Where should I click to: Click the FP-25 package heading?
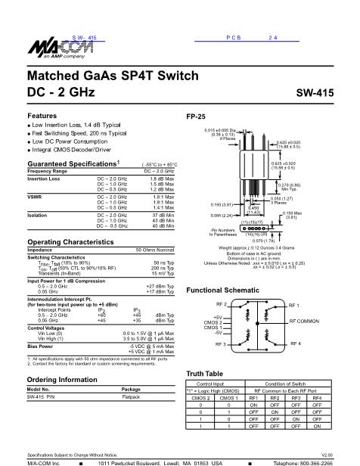(x=195, y=117)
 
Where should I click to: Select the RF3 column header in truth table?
(x=298, y=397)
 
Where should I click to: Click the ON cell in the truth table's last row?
(x=318, y=427)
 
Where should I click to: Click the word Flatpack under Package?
(x=132, y=397)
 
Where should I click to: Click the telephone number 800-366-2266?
(x=331, y=461)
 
